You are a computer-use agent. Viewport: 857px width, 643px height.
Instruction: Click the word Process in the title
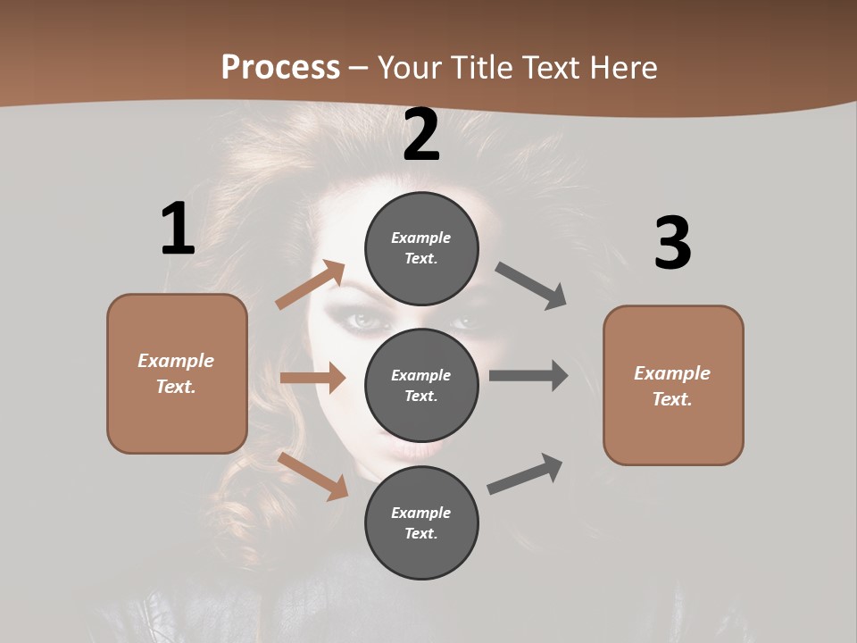click(280, 68)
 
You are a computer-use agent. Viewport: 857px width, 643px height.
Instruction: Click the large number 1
click(178, 229)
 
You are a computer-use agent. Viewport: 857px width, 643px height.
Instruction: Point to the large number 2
click(421, 135)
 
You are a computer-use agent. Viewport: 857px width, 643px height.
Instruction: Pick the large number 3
click(672, 244)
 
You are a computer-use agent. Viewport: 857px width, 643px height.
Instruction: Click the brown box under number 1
click(177, 373)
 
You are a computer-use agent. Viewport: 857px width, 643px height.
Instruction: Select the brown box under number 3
click(673, 386)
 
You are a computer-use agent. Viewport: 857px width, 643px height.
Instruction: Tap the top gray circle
click(421, 248)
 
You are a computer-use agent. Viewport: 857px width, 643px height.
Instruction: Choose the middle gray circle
click(421, 386)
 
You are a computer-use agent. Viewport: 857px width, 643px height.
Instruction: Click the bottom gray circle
click(421, 523)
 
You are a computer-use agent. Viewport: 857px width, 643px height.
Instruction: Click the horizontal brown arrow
click(312, 379)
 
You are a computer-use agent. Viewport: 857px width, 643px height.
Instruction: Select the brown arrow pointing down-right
click(312, 475)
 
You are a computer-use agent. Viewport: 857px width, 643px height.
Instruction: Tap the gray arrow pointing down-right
click(531, 286)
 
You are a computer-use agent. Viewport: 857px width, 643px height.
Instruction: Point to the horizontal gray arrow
click(528, 376)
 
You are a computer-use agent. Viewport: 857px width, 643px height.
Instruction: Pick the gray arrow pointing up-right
click(525, 474)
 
